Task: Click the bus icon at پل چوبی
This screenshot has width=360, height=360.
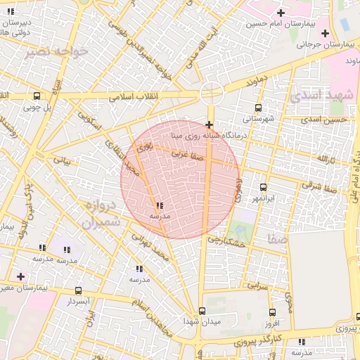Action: tap(37, 96)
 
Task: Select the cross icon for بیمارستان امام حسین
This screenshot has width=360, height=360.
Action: tap(281, 13)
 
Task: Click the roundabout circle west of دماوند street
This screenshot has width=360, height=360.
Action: tap(210, 93)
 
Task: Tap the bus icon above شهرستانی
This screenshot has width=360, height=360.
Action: tap(258, 108)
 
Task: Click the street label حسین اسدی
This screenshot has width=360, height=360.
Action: tap(324, 120)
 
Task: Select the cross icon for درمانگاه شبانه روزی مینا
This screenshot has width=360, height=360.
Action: tap(210, 124)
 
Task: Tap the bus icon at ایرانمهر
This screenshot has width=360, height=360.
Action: tap(264, 187)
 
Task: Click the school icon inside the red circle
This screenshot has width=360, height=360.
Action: tap(160, 205)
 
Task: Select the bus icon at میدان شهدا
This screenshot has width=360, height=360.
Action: tap(202, 310)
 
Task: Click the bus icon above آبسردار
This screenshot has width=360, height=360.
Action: tap(77, 290)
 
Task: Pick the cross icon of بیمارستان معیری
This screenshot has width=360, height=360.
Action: tap(20, 276)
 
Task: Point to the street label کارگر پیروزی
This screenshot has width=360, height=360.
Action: tap(257, 342)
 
